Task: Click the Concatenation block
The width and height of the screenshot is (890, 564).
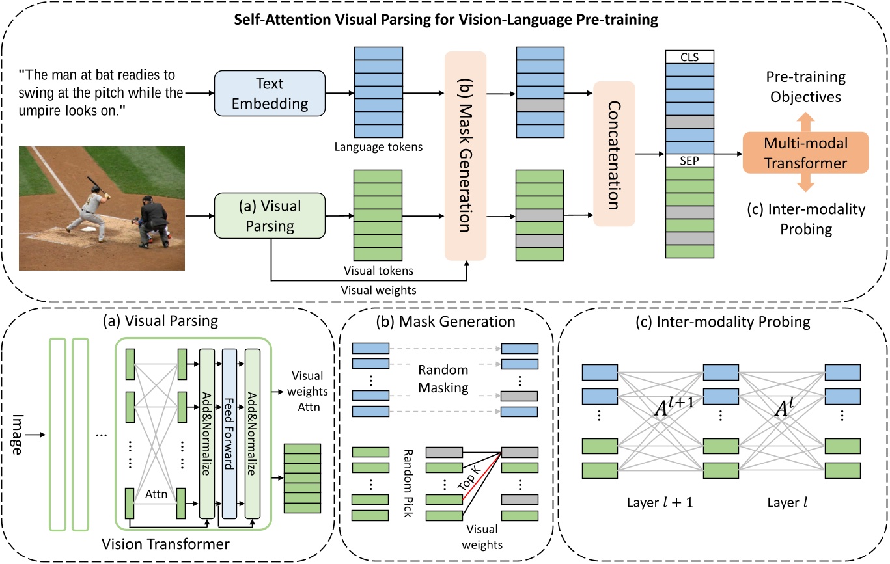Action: pyautogui.click(x=614, y=154)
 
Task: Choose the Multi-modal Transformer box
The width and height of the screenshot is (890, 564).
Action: pyautogui.click(x=806, y=154)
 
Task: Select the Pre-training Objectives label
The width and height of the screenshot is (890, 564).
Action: pyautogui.click(x=805, y=87)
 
